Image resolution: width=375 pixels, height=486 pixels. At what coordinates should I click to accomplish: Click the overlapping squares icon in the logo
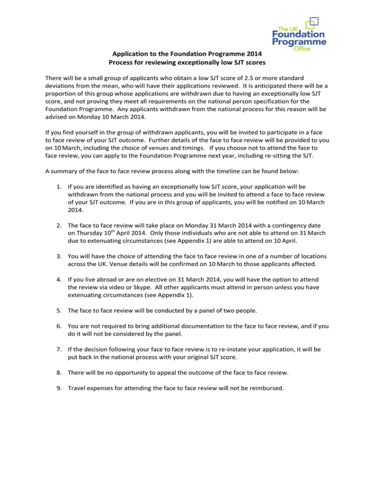pos(314,22)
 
